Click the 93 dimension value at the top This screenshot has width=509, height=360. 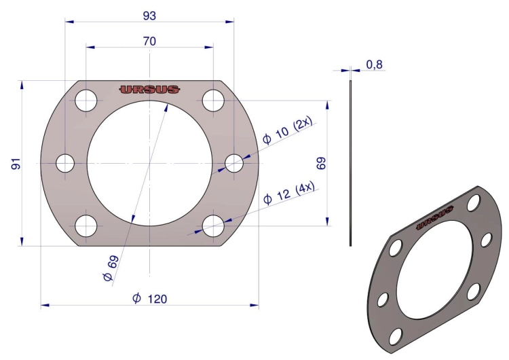(x=149, y=16)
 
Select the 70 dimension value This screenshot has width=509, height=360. (x=149, y=41)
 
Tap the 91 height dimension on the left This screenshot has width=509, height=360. (x=16, y=164)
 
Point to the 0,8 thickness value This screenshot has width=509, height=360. (x=374, y=65)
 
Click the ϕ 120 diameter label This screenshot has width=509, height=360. (x=150, y=298)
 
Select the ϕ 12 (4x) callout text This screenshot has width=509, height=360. (x=289, y=194)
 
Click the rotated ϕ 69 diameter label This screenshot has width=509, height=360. (x=111, y=268)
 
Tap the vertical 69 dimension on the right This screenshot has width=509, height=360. (x=321, y=163)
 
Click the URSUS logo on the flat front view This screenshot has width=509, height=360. (x=149, y=90)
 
